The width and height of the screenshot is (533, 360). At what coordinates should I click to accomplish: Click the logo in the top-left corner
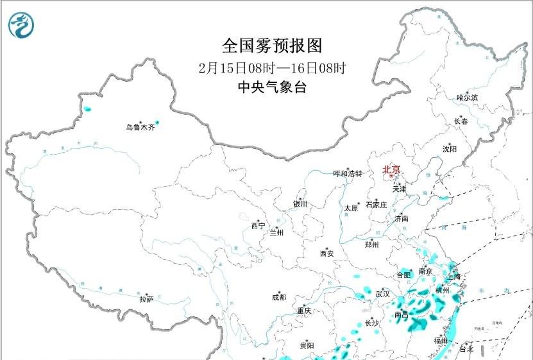click(21, 24)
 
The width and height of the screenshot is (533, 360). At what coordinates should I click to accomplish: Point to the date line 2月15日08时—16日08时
click(272, 67)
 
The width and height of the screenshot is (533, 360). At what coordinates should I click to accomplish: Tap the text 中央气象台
click(272, 88)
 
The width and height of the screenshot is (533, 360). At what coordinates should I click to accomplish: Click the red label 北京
click(391, 170)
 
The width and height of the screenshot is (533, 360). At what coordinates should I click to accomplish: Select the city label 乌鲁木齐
click(140, 128)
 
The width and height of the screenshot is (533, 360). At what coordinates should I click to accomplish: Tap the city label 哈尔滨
click(467, 98)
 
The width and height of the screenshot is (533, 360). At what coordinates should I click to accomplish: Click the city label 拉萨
click(146, 299)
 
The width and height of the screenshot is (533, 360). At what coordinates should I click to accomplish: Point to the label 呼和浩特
click(347, 174)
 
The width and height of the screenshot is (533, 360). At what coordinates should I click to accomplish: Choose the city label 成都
click(279, 297)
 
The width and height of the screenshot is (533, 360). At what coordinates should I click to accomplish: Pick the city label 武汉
click(383, 293)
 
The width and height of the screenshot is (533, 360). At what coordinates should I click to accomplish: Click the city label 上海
click(453, 277)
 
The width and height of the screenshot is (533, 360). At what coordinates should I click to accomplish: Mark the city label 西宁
click(258, 226)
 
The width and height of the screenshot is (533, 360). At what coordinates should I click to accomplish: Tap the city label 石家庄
click(376, 205)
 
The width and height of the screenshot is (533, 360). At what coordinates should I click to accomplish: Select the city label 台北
click(466, 349)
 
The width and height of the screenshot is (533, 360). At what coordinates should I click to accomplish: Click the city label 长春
click(461, 121)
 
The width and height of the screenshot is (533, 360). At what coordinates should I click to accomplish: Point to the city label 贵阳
click(307, 346)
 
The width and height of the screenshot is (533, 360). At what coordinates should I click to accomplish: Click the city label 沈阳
click(449, 149)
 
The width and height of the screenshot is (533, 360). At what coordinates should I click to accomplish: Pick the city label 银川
click(300, 204)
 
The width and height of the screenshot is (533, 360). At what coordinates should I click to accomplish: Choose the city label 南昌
click(402, 314)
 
